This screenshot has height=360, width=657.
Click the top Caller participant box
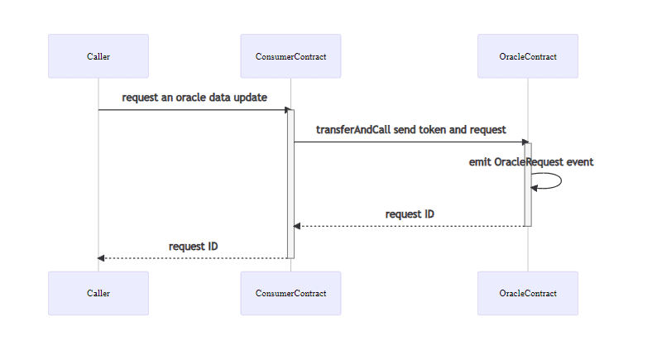point(98,56)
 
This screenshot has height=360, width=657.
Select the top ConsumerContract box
point(290,56)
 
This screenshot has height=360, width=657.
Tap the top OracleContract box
point(528,56)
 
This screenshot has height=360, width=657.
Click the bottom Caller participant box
point(98,293)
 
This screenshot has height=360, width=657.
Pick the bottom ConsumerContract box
point(290,293)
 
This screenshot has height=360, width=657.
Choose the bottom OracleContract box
point(528,293)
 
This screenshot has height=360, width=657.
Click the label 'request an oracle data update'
point(194,98)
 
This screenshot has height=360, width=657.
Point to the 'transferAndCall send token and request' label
point(411,130)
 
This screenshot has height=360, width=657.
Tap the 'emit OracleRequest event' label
point(531,162)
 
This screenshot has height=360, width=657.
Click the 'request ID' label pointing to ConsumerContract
point(410,214)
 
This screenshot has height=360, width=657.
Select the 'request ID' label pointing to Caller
point(193,247)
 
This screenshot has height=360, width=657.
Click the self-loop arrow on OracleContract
point(561,180)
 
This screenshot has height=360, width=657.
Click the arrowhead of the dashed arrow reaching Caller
point(101,258)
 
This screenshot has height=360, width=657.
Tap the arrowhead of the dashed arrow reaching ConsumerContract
point(297,226)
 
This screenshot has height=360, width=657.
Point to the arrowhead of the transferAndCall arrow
point(525,142)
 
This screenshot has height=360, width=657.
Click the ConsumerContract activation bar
point(290,184)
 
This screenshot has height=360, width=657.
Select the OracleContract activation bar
point(528,185)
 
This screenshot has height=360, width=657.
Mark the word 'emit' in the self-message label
point(480,162)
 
